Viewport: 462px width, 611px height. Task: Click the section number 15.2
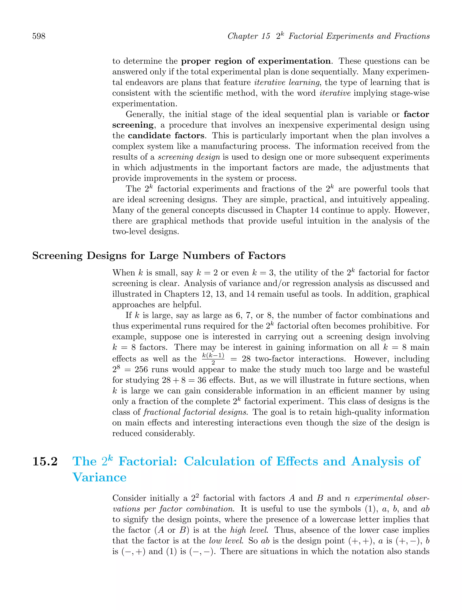click(45, 462)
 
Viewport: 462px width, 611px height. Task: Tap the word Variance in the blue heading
click(99, 478)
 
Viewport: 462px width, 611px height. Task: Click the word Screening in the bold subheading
click(57, 256)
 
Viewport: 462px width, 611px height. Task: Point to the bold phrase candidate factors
click(166, 136)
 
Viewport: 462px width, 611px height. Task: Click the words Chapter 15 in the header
click(249, 36)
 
